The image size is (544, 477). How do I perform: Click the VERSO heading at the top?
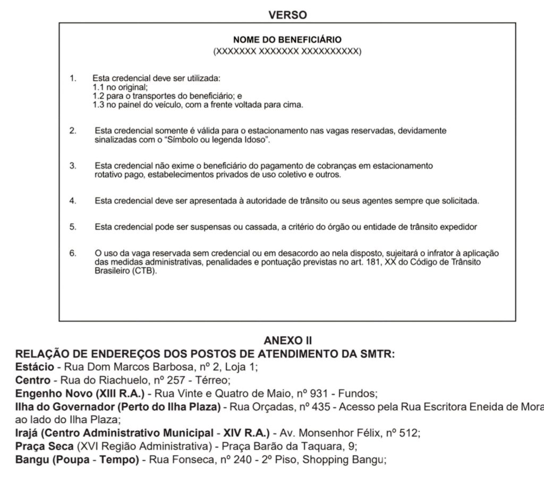(287, 15)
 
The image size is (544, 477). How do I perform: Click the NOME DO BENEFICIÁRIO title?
(287, 40)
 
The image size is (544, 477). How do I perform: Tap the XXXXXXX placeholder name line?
(287, 52)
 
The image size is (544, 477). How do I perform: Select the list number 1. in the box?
(73, 79)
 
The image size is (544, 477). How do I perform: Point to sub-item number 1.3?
(98, 105)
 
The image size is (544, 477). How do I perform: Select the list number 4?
(73, 201)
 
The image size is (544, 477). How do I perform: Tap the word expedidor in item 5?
(459, 227)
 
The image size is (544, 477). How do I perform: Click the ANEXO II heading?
(287, 340)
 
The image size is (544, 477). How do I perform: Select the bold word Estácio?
(35, 367)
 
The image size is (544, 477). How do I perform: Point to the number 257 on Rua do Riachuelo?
(166, 380)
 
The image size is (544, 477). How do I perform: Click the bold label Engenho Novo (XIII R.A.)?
(80, 394)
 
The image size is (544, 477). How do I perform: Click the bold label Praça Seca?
(45, 446)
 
